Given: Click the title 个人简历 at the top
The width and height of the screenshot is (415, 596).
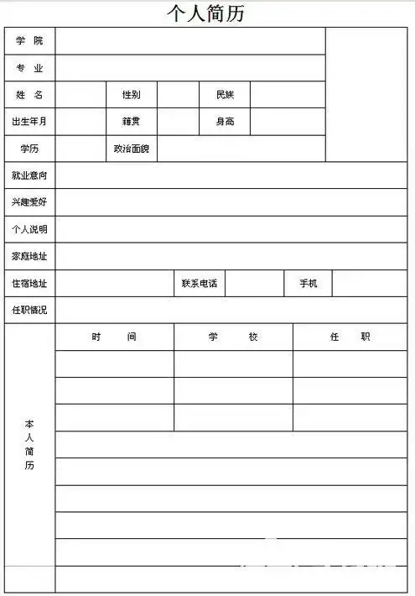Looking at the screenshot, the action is pyautogui.click(x=206, y=13).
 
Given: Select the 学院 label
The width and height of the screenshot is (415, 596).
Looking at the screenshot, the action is pyautogui.click(x=29, y=41).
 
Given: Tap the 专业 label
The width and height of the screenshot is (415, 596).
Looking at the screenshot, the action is pyautogui.click(x=29, y=68).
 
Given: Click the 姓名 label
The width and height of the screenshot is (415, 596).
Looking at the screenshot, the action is pyautogui.click(x=29, y=95).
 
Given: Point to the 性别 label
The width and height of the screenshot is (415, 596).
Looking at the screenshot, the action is pyautogui.click(x=131, y=95).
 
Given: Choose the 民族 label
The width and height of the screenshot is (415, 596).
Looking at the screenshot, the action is pyautogui.click(x=225, y=95).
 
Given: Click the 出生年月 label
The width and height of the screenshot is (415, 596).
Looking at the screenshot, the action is pyautogui.click(x=29, y=122).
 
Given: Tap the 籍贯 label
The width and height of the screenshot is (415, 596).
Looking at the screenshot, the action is pyautogui.click(x=131, y=122).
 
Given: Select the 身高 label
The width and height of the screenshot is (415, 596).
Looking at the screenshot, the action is pyautogui.click(x=225, y=122).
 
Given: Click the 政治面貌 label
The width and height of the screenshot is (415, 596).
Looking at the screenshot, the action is pyautogui.click(x=131, y=149).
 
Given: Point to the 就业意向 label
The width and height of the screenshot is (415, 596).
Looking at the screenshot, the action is pyautogui.click(x=29, y=175).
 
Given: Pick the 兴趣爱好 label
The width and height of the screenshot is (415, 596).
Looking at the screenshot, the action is pyautogui.click(x=29, y=202).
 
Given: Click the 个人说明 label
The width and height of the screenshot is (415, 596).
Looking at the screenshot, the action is pyautogui.click(x=29, y=229).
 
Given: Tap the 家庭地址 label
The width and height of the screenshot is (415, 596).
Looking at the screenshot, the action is pyautogui.click(x=29, y=256).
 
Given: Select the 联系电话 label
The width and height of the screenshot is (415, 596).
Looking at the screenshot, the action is pyautogui.click(x=200, y=283).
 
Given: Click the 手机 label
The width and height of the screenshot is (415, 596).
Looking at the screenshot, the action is pyautogui.click(x=309, y=283).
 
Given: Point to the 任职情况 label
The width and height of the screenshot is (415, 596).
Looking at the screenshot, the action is pyautogui.click(x=29, y=310).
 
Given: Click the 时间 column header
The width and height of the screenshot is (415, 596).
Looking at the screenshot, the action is pyautogui.click(x=114, y=337).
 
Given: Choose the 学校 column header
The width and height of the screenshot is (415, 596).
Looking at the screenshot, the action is pyautogui.click(x=233, y=337).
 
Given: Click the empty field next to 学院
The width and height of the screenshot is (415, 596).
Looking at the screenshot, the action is pyautogui.click(x=190, y=41).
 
